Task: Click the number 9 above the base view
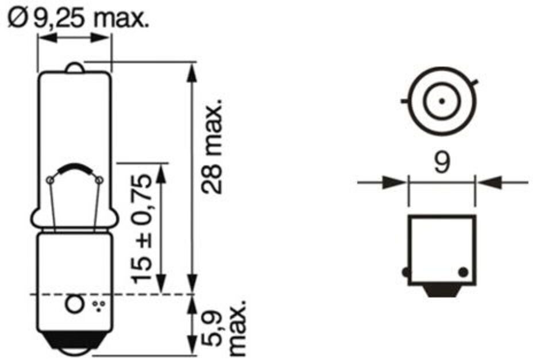(x=441, y=164)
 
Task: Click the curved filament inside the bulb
(x=74, y=169)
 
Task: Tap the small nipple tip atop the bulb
(x=74, y=67)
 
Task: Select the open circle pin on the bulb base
(x=74, y=304)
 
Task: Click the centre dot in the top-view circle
(x=441, y=101)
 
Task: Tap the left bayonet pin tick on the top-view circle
(x=404, y=101)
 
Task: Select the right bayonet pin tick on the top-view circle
(x=474, y=82)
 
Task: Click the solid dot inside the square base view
(x=464, y=271)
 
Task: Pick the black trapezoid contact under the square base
(x=441, y=291)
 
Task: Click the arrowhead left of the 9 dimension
(x=397, y=183)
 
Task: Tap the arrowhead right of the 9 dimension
(x=486, y=183)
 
